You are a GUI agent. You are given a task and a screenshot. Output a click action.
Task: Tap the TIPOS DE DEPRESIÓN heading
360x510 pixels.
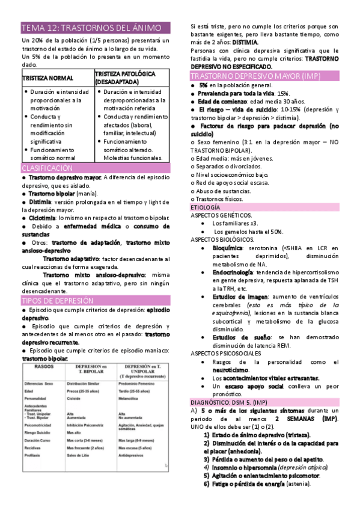(58, 300)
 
